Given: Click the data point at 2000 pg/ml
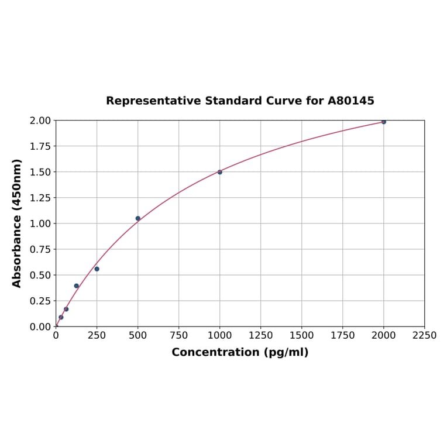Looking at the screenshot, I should click(x=384, y=122).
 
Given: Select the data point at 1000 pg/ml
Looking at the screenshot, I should click(x=220, y=172).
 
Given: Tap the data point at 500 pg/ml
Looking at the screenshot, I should click(x=138, y=218).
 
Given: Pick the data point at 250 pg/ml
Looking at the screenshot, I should click(x=97, y=269).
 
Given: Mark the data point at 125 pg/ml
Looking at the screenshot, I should click(x=77, y=286).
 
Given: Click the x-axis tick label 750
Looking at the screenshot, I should click(x=179, y=336).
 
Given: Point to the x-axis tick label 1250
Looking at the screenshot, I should click(x=261, y=336).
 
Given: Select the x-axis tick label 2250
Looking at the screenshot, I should click(x=424, y=336).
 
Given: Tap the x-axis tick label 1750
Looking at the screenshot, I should click(x=343, y=336).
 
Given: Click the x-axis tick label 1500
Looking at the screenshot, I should click(x=302, y=336).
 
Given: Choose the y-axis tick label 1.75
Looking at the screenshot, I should click(x=40, y=146).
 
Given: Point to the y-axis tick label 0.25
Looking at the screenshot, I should click(x=40, y=301).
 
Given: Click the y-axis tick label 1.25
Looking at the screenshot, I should click(x=40, y=198).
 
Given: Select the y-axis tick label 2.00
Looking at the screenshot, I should click(x=40, y=121).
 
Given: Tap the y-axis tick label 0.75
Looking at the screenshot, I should click(x=40, y=249).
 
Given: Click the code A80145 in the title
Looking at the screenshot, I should click(x=350, y=101).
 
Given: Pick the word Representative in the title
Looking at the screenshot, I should click(x=153, y=101).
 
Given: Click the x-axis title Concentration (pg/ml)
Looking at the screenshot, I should click(x=240, y=352).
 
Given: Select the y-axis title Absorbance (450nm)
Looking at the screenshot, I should click(x=17, y=223).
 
